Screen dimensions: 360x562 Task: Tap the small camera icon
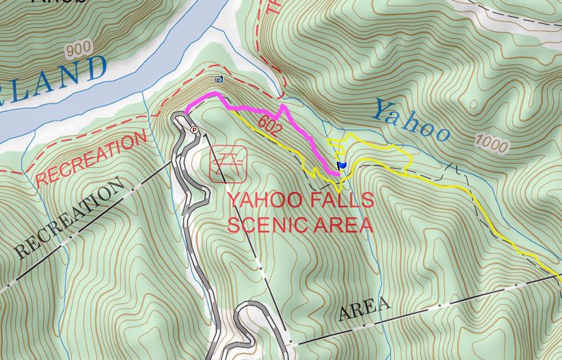tap(219, 80)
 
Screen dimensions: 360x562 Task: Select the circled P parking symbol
tap(195, 130)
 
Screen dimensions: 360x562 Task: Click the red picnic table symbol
tap(229, 163)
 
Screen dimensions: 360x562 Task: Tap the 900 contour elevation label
tap(77, 49)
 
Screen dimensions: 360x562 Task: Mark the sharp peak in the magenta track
tap(282, 107)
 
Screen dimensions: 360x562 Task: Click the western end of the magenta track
tap(186, 112)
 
